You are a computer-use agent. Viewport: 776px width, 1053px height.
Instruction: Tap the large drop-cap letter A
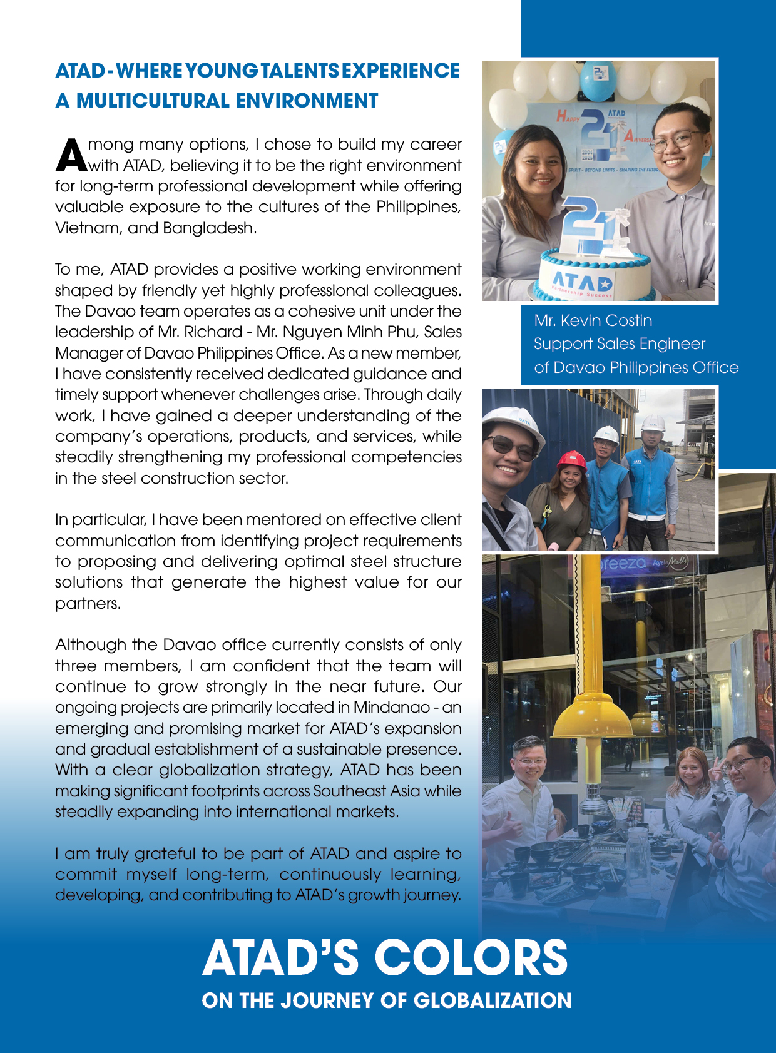[71, 155]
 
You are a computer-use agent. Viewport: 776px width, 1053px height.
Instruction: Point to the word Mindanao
[391, 708]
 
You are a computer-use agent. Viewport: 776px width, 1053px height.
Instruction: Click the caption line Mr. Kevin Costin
[593, 321]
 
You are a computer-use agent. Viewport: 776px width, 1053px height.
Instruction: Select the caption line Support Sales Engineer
[619, 344]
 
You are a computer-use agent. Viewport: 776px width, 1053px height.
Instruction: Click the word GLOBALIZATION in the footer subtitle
[492, 1000]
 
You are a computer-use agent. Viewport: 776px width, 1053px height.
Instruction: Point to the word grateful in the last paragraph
[166, 854]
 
